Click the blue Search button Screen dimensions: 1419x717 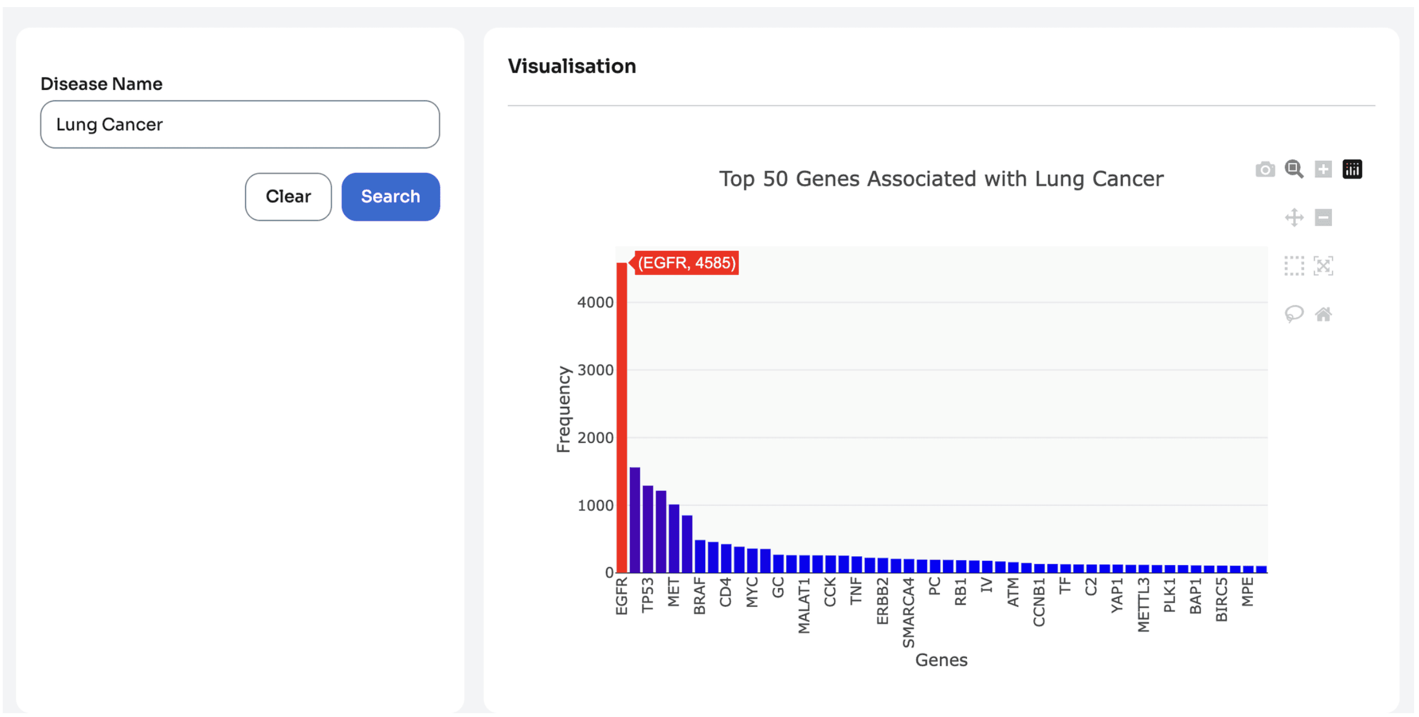click(390, 196)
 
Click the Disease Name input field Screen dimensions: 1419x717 click(240, 124)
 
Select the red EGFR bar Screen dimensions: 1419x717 click(621, 417)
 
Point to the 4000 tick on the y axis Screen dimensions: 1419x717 click(595, 302)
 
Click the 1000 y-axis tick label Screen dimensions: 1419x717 click(595, 505)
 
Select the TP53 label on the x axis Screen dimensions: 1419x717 click(647, 594)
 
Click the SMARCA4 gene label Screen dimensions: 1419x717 click(908, 612)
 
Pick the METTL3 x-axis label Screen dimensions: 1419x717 click(1143, 605)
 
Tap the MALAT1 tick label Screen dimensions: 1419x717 click(804, 605)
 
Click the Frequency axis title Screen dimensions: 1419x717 click(563, 409)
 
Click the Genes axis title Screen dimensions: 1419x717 click(941, 660)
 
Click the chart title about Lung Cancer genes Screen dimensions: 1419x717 click(941, 179)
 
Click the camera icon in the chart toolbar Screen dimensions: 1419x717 click(1265, 169)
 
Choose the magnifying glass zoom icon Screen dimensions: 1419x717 click(1294, 169)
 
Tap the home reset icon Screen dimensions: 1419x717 click(1323, 314)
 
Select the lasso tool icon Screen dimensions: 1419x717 click(1294, 314)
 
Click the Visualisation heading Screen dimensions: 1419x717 click(572, 66)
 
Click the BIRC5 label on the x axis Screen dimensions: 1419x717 click(1222, 599)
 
